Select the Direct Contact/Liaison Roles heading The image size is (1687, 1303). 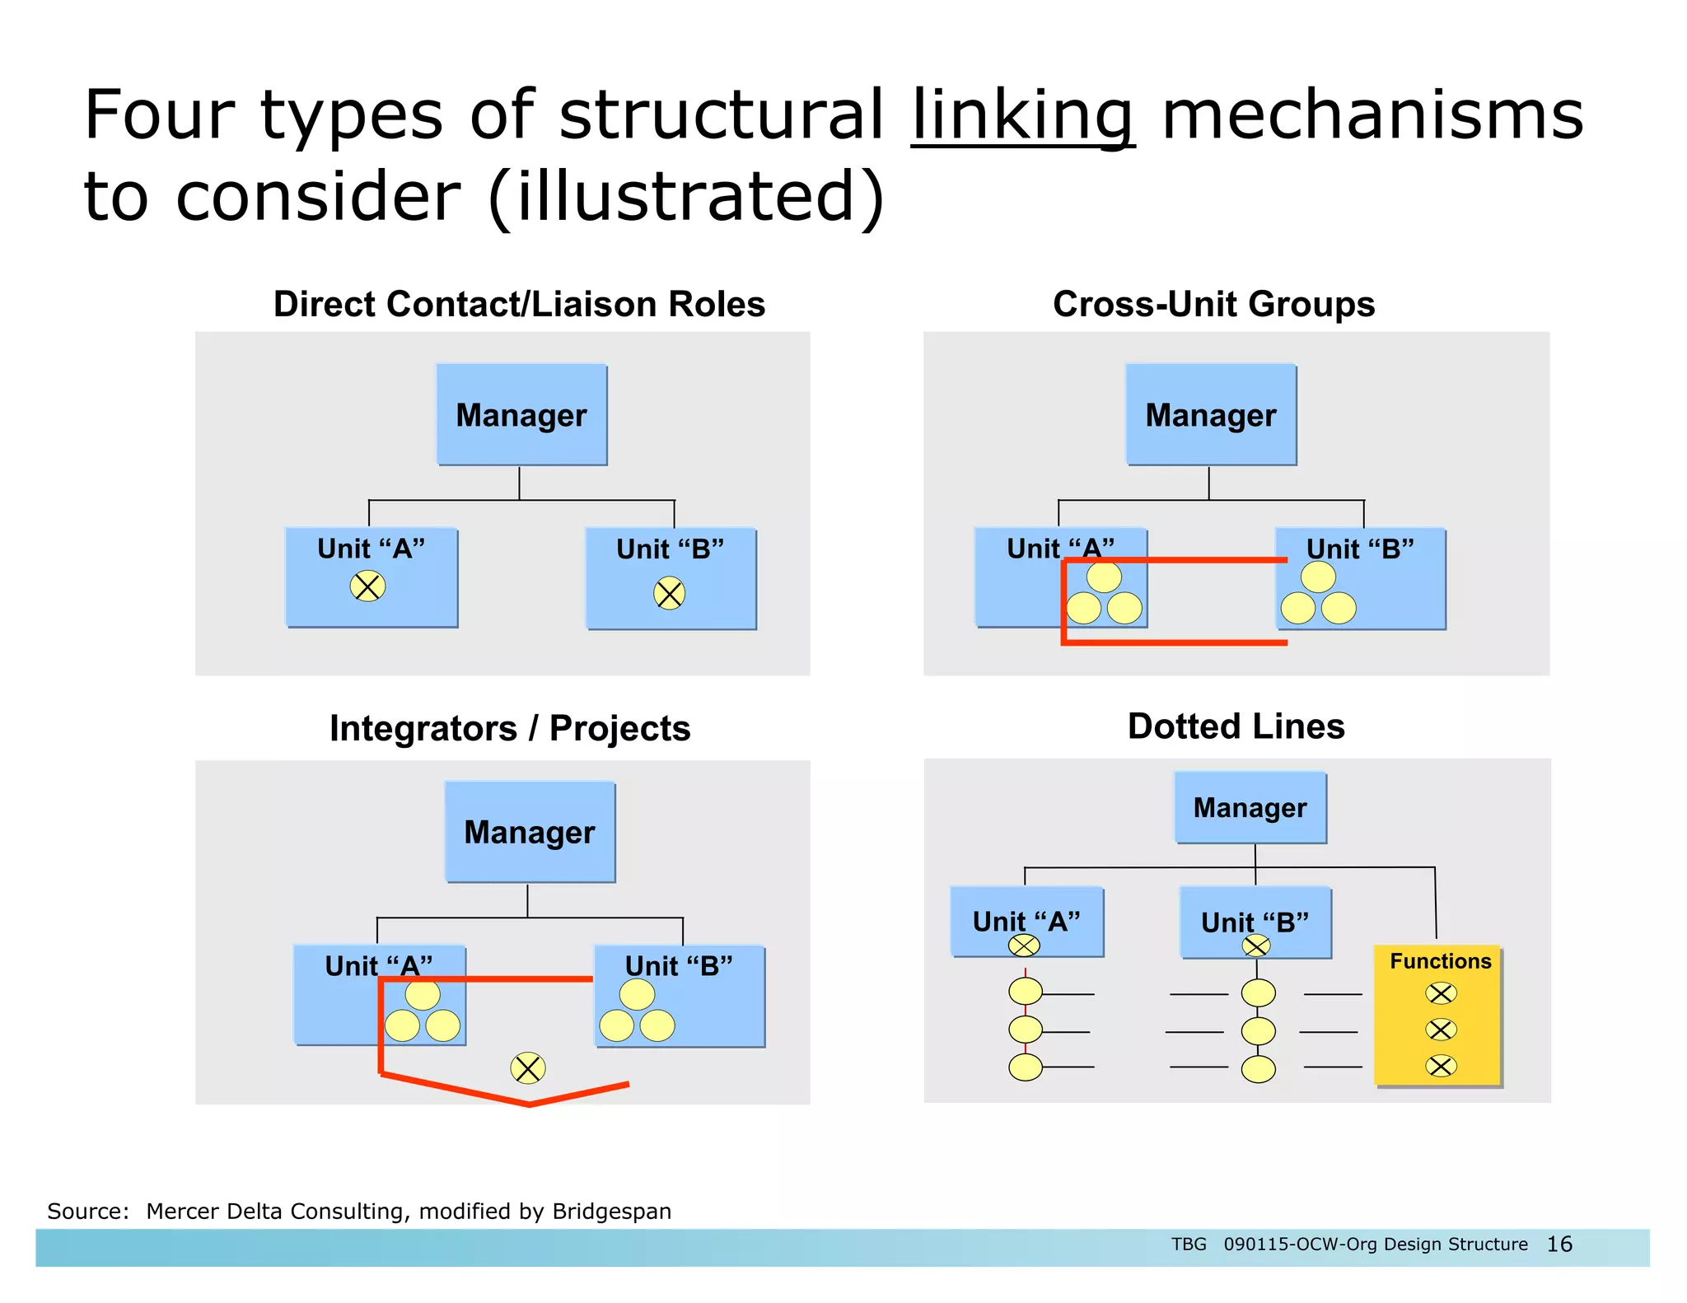[x=519, y=304]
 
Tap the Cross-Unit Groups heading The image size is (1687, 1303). [x=1213, y=304]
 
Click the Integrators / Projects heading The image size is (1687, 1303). [x=510, y=728]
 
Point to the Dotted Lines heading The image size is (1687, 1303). [x=1236, y=726]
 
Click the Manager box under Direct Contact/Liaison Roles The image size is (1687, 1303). [x=521, y=415]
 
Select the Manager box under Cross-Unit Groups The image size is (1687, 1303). [x=1211, y=415]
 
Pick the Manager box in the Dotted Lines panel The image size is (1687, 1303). [x=1250, y=808]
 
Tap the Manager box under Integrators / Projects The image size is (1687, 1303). [x=530, y=832]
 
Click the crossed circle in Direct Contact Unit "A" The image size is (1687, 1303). [x=367, y=586]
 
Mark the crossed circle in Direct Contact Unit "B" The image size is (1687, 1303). [x=669, y=593]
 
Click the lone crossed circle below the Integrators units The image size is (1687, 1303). [x=527, y=1068]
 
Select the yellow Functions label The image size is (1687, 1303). [x=1440, y=961]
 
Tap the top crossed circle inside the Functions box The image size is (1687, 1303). [x=1441, y=993]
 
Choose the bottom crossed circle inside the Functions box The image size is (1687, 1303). [x=1441, y=1066]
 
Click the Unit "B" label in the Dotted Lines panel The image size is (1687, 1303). [x=1255, y=922]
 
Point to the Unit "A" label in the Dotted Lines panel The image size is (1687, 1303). [x=1026, y=921]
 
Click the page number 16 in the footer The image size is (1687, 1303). [x=1559, y=1244]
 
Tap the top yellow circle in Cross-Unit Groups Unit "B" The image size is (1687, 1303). [x=1318, y=577]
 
